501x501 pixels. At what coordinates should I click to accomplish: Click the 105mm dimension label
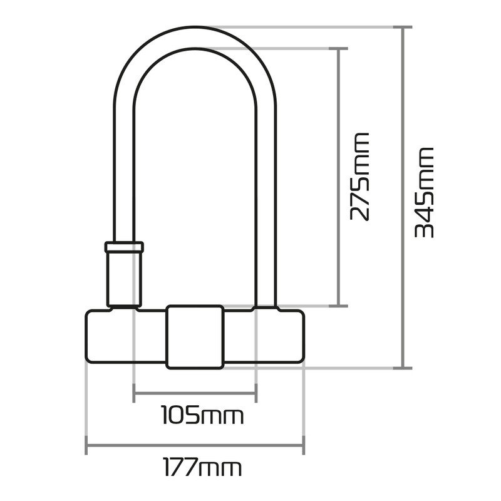202,415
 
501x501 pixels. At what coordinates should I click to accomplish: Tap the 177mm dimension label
202,467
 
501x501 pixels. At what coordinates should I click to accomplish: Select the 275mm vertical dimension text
360,177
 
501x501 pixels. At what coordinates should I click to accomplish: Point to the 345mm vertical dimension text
425,192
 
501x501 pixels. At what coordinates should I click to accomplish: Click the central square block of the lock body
194,336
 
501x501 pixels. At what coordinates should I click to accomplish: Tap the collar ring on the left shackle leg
124,247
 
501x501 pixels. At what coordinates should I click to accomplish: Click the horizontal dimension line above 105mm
194,394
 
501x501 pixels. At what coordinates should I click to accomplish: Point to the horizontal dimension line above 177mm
194,447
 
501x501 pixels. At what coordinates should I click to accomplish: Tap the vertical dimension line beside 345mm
403,197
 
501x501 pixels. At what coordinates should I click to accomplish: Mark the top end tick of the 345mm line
403,28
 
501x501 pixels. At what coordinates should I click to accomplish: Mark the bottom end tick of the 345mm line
403,368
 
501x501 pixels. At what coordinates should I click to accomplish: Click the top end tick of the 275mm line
339,48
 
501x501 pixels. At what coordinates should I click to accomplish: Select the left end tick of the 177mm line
86,447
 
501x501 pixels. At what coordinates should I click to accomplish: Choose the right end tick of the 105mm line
256,394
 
